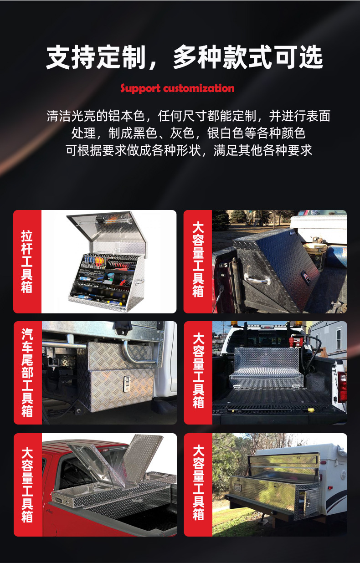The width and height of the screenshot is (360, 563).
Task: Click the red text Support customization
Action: (177, 88)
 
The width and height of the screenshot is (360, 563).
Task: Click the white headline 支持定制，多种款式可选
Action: (184, 57)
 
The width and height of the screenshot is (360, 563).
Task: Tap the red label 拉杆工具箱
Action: (27, 261)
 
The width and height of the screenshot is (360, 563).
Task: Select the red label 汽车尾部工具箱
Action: (27, 373)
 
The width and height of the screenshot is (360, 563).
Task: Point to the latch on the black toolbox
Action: (306, 276)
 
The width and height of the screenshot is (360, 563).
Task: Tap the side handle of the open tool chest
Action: (139, 282)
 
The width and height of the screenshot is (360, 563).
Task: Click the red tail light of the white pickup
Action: (342, 386)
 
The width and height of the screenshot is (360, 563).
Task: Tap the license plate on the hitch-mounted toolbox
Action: (237, 487)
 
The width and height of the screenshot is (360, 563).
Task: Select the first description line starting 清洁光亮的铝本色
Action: (188, 116)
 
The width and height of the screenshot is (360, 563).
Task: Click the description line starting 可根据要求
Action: (189, 150)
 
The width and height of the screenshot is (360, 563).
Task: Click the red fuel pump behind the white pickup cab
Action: (293, 341)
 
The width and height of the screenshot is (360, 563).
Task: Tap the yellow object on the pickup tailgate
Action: (311, 410)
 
